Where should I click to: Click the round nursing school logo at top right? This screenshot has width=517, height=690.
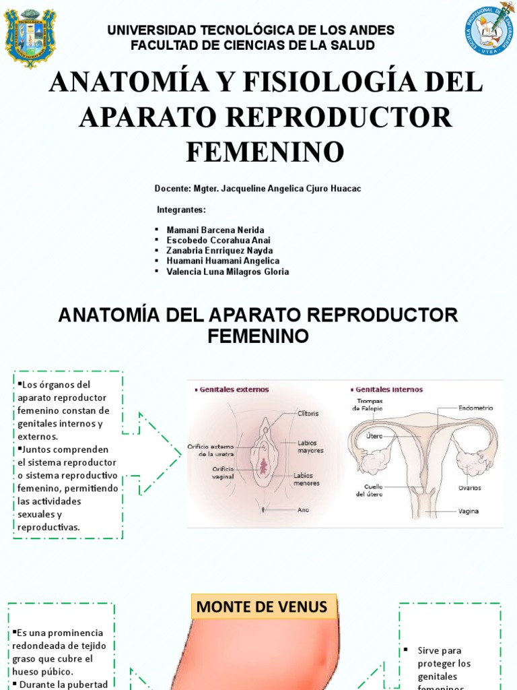489,30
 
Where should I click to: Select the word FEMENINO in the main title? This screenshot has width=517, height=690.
265,152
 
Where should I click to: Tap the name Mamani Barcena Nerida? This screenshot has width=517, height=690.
215,230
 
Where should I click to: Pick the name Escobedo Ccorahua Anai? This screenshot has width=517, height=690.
218,241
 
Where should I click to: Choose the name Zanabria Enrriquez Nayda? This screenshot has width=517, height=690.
219,251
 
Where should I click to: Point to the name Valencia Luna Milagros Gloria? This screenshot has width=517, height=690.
228,272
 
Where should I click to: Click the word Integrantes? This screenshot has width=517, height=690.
181,210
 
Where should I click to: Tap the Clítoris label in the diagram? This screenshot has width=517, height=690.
307,413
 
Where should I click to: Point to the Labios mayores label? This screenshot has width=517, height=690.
310,446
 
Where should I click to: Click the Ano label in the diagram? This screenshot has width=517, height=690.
303,510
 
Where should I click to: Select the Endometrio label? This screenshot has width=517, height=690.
476,408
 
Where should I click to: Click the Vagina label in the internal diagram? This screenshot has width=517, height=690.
469,511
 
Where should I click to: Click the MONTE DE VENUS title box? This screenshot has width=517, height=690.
261,607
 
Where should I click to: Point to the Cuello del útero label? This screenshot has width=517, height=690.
369,490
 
